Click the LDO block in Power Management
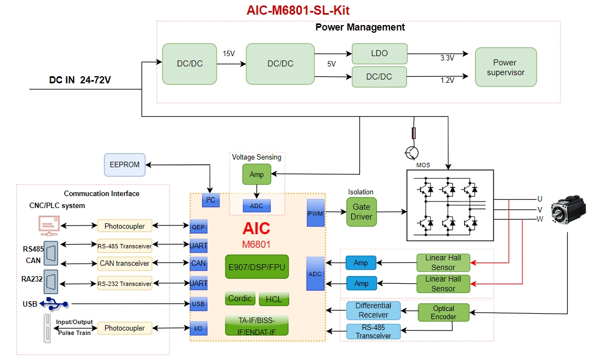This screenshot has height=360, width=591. coord(379,53)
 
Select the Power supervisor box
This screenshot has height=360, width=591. coord(505,67)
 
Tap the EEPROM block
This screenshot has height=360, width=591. coord(125,164)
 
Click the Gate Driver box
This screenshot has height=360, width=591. coord(361,212)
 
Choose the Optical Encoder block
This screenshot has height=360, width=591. coord(443,313)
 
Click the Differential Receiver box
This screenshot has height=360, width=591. coord(373,310)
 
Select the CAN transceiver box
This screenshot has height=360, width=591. coord(125,264)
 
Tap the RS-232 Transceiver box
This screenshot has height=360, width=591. coord(125,284)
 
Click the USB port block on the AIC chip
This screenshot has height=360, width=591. coord(198,304)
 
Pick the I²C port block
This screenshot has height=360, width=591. coord(210,200)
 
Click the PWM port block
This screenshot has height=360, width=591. coord(315,213)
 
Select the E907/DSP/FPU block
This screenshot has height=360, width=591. coord(257,267)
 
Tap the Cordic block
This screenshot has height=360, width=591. coord(240,298)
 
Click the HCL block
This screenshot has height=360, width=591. coord(274,299)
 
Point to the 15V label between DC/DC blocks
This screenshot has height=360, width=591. coord(229,54)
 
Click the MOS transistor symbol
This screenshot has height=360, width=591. coord(413,152)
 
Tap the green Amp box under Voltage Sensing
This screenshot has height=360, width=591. coord(256,174)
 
